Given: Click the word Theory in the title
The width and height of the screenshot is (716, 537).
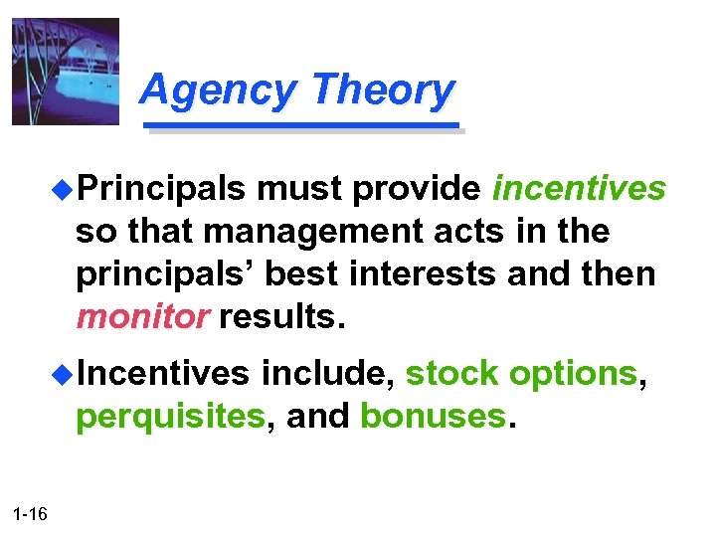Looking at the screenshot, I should [x=382, y=90].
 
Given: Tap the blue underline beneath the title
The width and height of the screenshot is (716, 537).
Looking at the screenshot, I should [x=302, y=126].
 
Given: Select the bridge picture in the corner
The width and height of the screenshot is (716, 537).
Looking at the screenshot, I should [x=65, y=72].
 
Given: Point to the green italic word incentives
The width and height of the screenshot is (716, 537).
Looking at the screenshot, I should [x=579, y=188].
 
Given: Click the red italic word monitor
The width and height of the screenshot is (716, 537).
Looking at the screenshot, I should [x=142, y=316].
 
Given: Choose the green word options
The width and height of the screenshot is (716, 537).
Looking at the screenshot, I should [x=572, y=373].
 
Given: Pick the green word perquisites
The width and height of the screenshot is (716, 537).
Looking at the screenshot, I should [x=170, y=416].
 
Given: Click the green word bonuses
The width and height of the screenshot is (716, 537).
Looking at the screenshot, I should [x=433, y=416].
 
